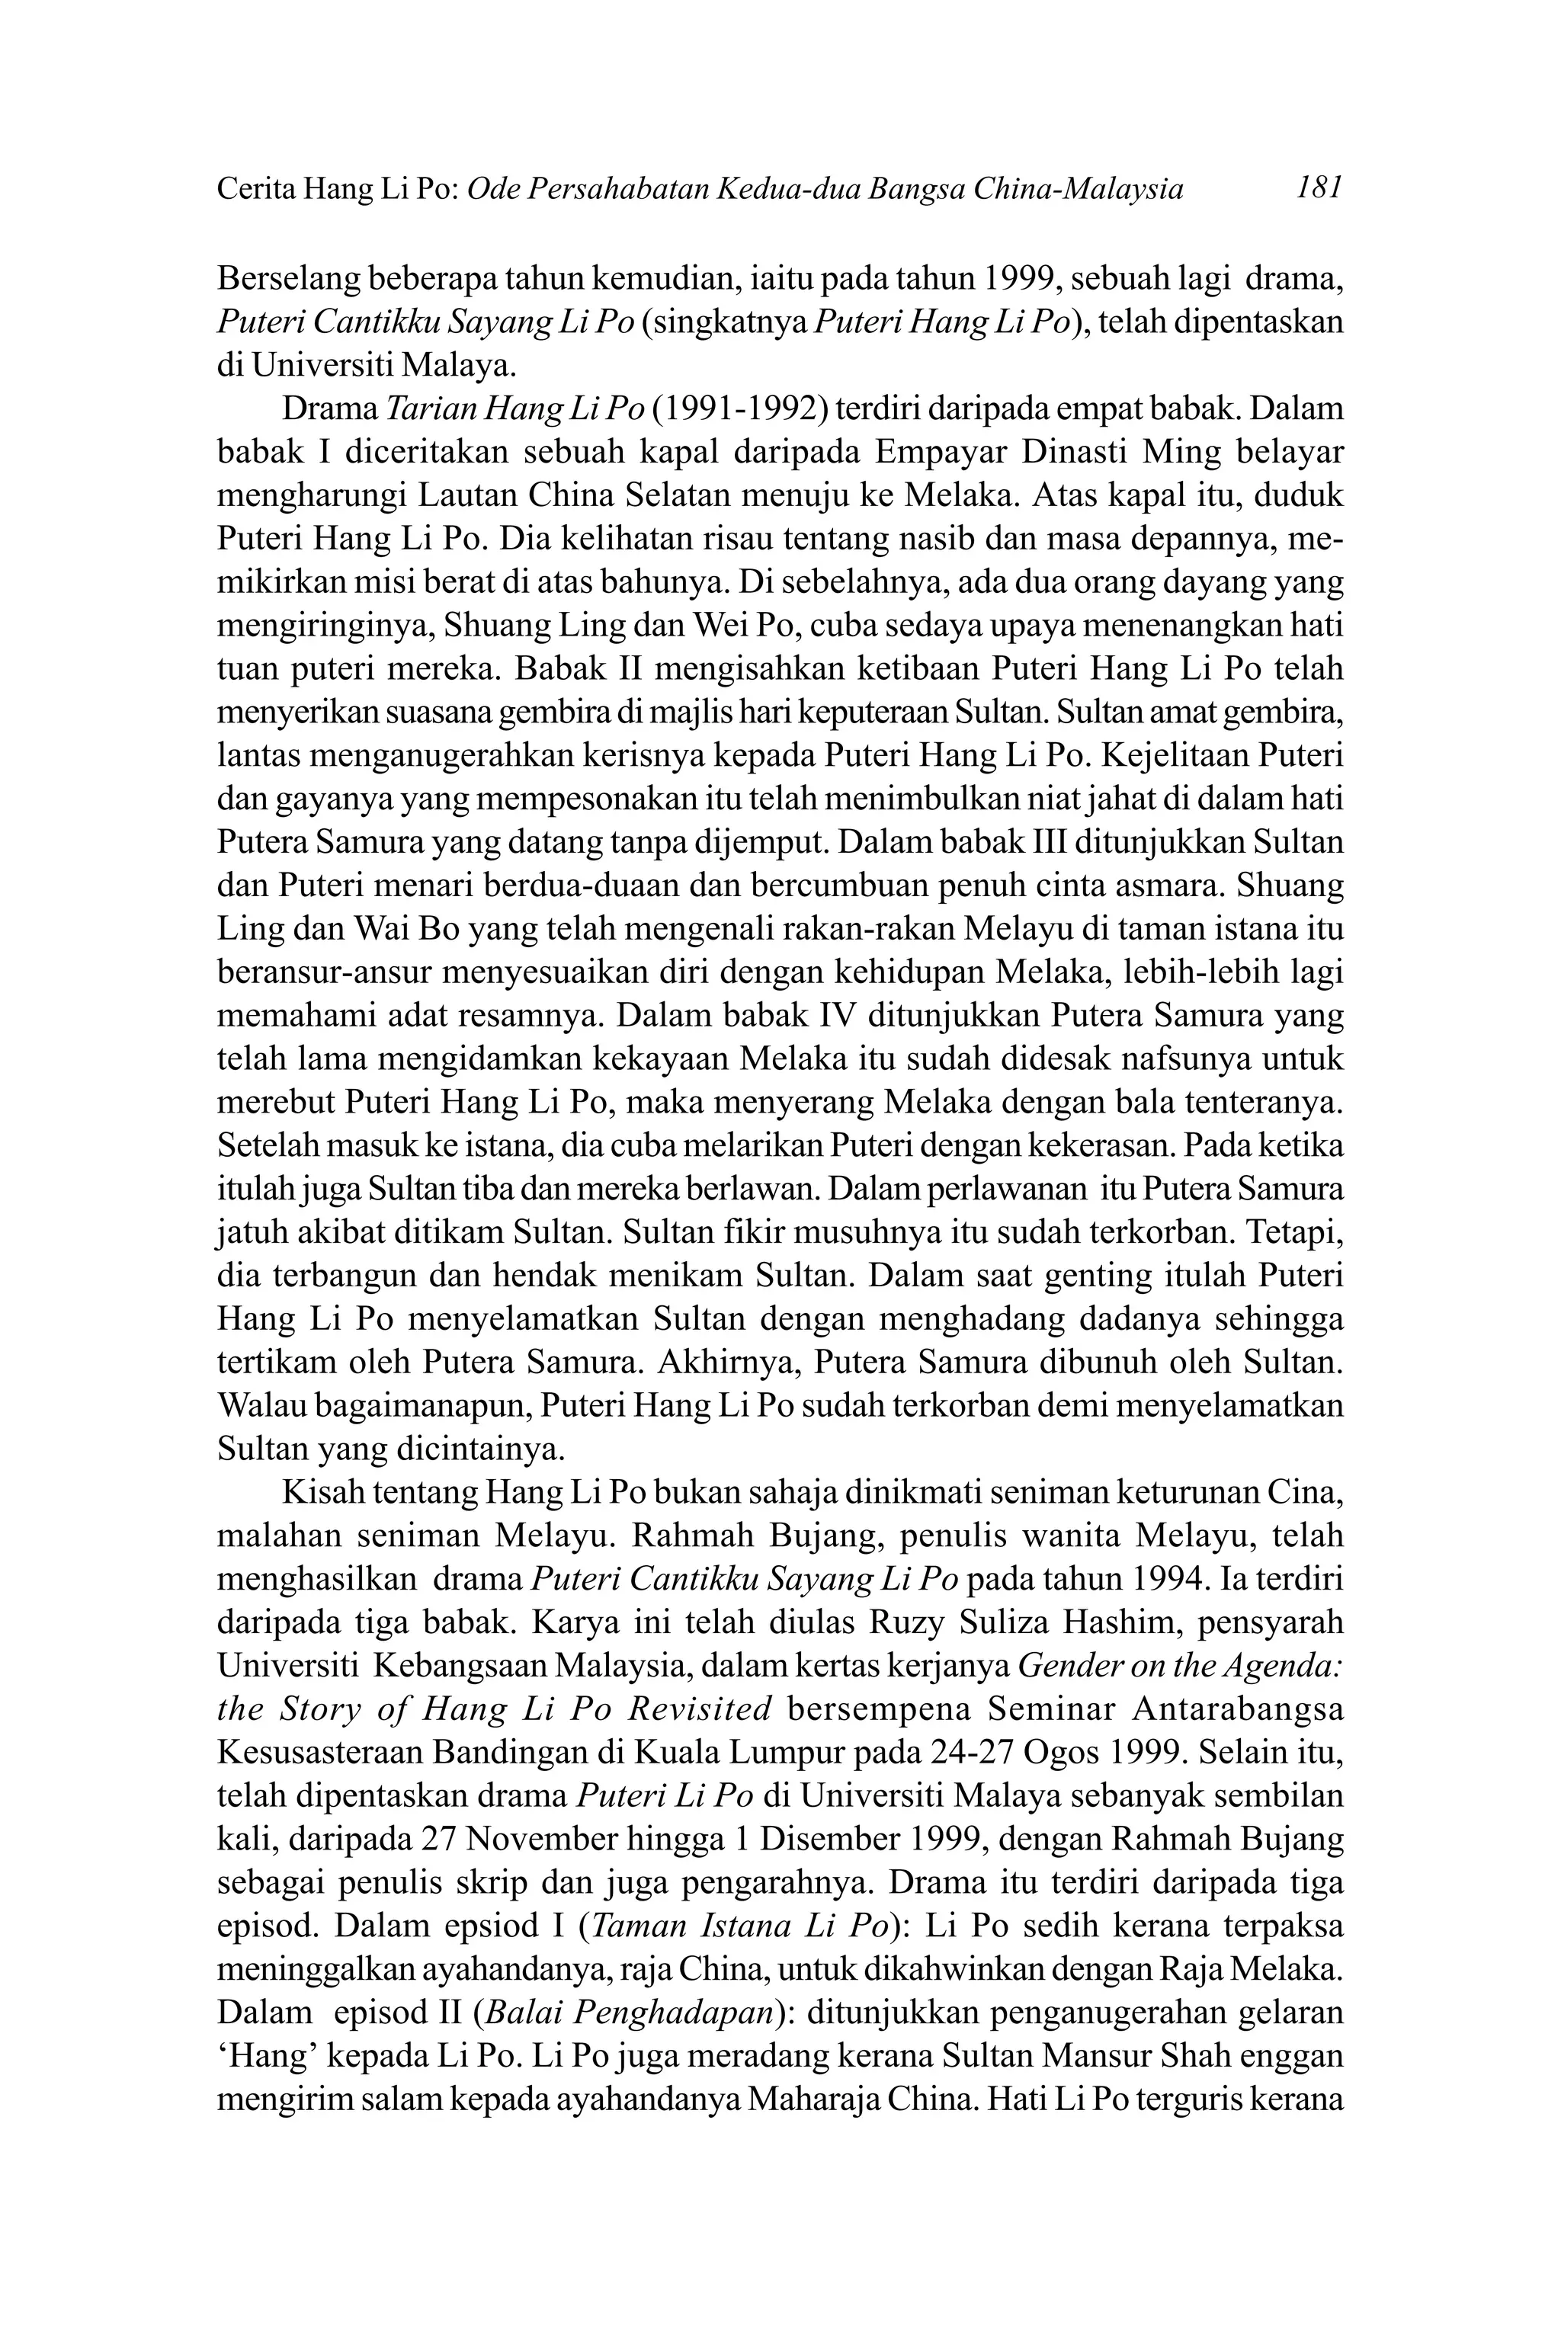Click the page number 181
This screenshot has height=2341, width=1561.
1320,187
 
